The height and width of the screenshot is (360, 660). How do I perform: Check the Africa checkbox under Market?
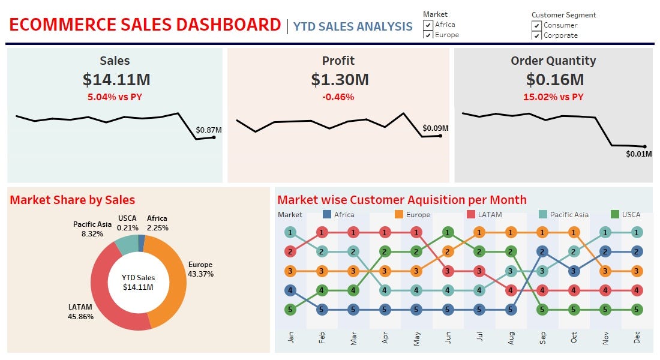click(x=428, y=25)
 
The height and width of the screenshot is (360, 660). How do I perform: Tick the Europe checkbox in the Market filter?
click(x=428, y=35)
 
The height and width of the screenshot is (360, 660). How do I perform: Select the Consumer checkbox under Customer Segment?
click(x=536, y=26)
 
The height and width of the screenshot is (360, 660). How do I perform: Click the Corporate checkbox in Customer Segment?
click(x=536, y=35)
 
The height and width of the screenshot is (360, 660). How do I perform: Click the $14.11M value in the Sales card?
click(x=116, y=79)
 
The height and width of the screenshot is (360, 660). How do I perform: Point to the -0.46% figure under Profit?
click(x=338, y=97)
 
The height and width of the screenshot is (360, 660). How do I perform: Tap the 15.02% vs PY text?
click(x=553, y=97)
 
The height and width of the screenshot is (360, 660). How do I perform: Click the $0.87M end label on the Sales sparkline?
click(x=208, y=130)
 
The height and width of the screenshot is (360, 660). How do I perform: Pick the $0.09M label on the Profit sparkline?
click(x=435, y=128)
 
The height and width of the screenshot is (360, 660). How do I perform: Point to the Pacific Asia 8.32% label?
click(x=92, y=229)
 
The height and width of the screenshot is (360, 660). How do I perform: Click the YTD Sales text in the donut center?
click(x=138, y=278)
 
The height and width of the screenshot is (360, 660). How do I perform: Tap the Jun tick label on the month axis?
click(x=448, y=338)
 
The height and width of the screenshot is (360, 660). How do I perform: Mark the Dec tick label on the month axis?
click(x=637, y=338)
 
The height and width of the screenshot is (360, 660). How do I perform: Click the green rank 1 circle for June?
click(x=448, y=232)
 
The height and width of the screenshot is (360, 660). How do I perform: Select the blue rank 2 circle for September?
click(x=542, y=252)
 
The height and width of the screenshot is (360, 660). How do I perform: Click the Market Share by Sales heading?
click(x=73, y=200)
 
